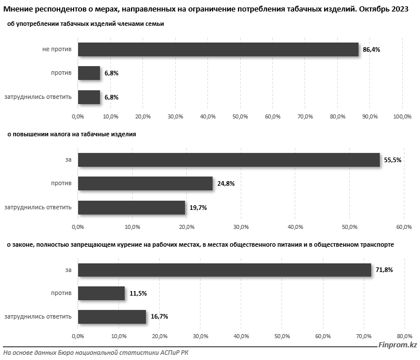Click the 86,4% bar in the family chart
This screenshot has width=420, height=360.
coord(218,49)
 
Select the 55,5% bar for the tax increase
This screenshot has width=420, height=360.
coord(229,160)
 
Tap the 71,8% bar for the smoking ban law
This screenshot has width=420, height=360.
coord(224,270)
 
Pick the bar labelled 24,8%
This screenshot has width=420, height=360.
coord(145,183)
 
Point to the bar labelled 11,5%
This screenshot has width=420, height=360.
coord(101,293)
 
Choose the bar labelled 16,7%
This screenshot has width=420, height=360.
coord(112,316)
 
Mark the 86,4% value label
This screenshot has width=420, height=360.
coord(371,50)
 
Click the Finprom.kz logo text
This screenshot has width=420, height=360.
coord(397,345)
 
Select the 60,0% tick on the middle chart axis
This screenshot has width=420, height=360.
coord(404,226)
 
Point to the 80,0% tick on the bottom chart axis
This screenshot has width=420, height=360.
coord(405,336)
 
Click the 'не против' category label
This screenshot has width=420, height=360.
coord(57,50)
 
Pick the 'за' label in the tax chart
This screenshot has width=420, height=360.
coord(68,160)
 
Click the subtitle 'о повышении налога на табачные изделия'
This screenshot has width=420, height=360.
coord(71,134)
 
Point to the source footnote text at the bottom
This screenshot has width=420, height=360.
coord(95,353)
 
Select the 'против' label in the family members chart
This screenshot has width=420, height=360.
coord(61,74)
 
